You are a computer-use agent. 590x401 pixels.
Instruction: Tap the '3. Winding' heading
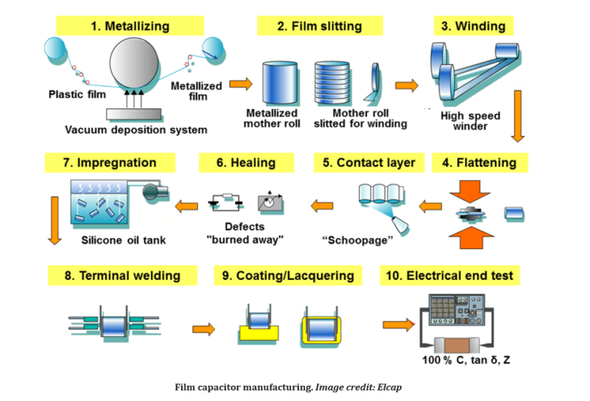point(474,26)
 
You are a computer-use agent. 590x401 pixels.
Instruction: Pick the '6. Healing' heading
point(246,163)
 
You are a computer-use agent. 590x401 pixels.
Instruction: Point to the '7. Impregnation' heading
point(110,163)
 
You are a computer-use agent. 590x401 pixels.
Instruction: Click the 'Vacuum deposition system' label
point(136,129)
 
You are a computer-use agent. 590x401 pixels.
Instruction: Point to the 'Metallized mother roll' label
point(272,118)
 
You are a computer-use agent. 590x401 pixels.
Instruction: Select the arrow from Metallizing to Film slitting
point(240,83)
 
